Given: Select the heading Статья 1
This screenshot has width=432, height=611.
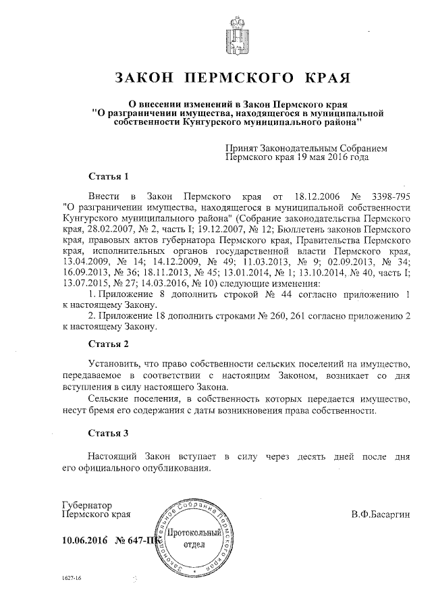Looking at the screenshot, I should (x=109, y=177).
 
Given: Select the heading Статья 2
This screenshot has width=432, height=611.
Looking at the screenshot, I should (x=109, y=344).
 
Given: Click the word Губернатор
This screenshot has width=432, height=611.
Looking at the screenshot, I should (x=87, y=505).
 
